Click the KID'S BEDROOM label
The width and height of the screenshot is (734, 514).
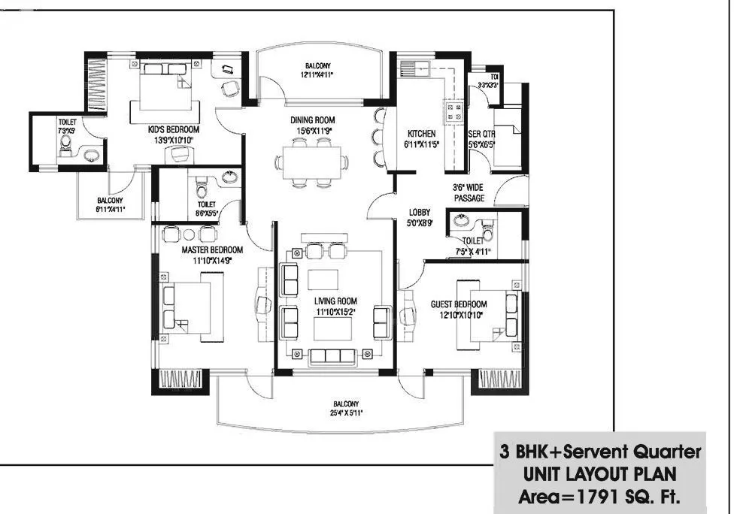click(172, 129)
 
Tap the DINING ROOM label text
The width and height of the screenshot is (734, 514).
click(313, 120)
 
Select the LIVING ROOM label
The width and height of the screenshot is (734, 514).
click(335, 301)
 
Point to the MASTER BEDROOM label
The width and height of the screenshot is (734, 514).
click(212, 250)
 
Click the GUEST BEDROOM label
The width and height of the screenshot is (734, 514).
click(458, 304)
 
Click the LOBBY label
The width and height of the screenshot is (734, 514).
click(419, 213)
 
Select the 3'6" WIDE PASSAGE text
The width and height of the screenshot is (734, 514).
click(468, 192)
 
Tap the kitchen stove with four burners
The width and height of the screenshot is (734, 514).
click(455, 112)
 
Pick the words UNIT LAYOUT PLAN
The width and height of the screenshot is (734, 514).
click(599, 475)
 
